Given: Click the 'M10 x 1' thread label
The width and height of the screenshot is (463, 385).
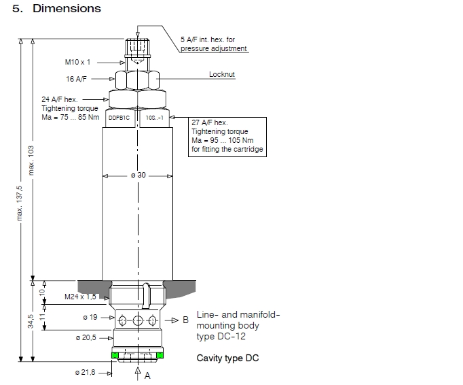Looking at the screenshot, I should coord(77,62).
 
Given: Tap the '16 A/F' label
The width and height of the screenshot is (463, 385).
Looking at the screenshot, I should coord(75,79).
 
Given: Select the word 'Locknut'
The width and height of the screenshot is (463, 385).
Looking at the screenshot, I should coord(221,73).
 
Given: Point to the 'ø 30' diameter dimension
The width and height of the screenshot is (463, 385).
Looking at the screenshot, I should coord(138,175).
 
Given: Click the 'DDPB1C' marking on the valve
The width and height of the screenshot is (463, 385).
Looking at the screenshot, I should coord(119,118).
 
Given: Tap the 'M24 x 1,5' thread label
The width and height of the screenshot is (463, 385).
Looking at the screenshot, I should coord(79,297).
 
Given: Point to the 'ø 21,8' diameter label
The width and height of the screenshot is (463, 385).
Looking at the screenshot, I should coord(86,373).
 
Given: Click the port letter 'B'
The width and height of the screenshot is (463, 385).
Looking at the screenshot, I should coord(185,320).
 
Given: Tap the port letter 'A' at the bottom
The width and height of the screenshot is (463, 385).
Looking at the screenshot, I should coord(147,375).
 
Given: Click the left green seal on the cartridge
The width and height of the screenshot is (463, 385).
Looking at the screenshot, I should coord(115,355).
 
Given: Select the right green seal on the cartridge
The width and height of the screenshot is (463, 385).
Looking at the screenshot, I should coord(160,355).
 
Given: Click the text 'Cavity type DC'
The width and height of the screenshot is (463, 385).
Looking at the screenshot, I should coord(227,358).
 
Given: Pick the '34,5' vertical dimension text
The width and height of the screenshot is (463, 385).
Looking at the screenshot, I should coord(31,322).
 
